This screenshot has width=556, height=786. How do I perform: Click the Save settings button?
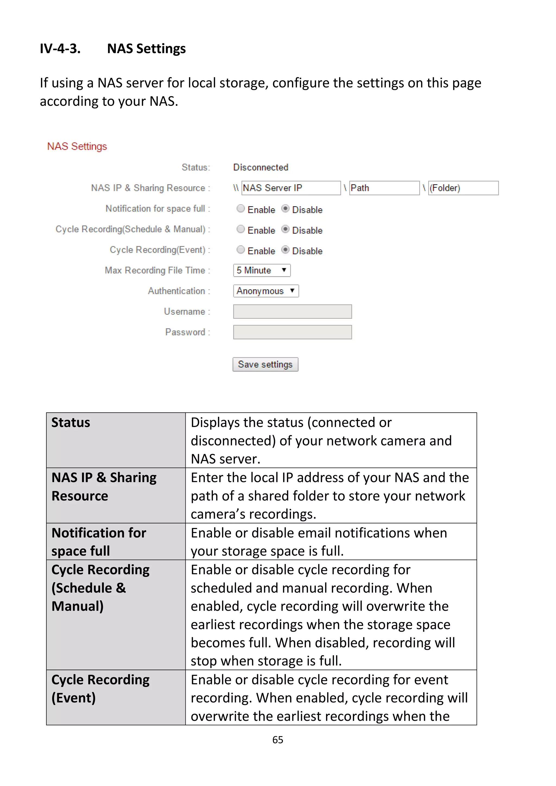tap(265, 364)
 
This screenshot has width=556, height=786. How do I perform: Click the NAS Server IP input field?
tap(291, 188)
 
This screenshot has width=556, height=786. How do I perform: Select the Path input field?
tap(384, 188)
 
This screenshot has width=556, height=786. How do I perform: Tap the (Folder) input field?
tap(463, 188)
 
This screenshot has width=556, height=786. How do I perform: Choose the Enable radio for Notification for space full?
tap(241, 208)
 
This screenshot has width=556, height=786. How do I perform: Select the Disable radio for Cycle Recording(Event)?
tap(285, 250)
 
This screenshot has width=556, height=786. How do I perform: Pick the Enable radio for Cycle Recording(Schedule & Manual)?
tap(241, 229)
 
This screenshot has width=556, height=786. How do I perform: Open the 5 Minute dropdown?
tap(262, 270)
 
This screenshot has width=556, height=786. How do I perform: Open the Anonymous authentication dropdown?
tap(266, 291)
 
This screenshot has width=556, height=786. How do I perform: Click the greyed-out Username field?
tap(292, 311)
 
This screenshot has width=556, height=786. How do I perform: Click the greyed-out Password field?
tap(292, 332)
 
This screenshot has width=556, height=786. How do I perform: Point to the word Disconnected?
tap(261, 167)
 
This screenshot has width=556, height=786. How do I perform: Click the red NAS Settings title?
tap(77, 147)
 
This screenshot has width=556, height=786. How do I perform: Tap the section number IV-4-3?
tap(60, 49)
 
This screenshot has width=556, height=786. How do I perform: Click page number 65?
tap(277, 740)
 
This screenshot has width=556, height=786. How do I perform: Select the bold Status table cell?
tap(71, 423)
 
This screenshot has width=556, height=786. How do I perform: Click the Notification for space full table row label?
tap(99, 542)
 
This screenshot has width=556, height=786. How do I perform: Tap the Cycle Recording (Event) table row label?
tap(100, 689)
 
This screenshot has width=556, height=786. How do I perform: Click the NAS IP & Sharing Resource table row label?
tap(104, 487)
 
